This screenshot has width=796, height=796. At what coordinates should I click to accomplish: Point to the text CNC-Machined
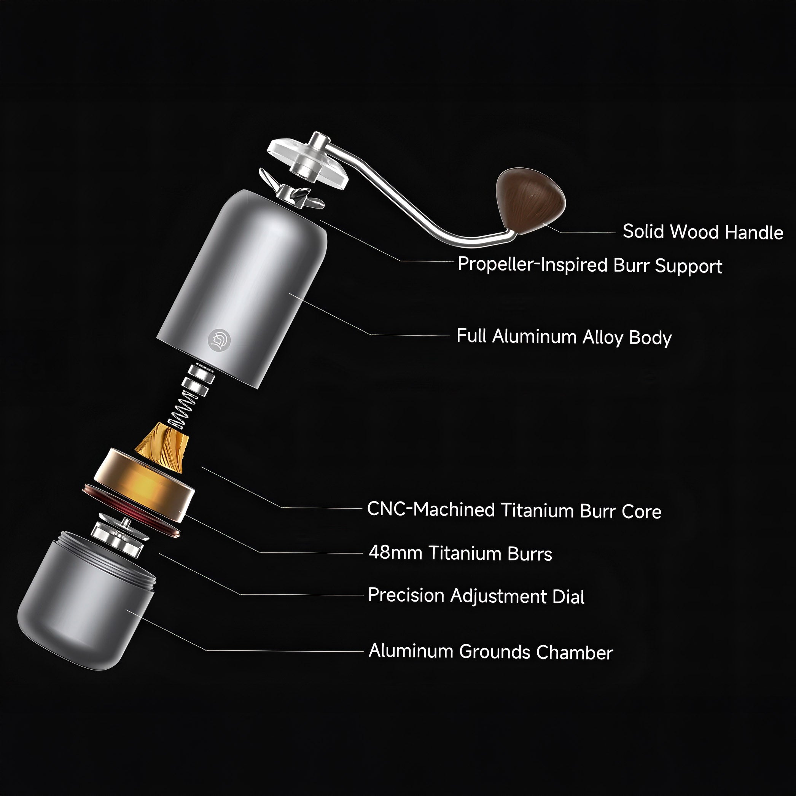click(431, 509)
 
